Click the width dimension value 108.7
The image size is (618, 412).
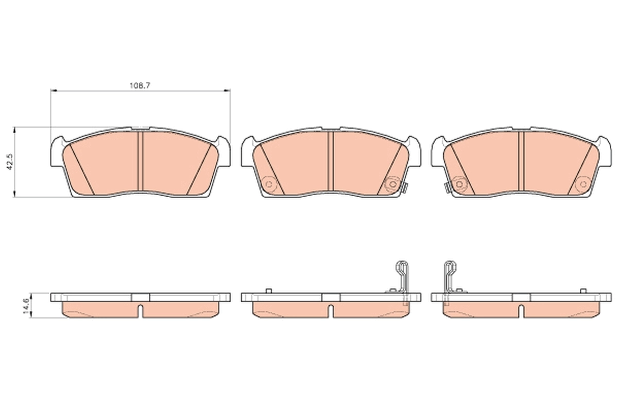click(140, 85)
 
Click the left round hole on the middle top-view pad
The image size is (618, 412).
click(268, 183)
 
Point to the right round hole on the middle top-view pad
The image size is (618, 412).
click(392, 184)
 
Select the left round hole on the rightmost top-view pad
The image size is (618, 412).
click(458, 183)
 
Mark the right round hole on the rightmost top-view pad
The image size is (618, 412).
click(582, 183)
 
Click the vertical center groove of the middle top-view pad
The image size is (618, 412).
click(330, 161)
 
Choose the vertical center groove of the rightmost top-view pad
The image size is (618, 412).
click(520, 161)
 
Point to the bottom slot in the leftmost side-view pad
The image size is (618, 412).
click(140, 311)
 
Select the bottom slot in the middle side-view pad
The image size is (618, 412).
click(331, 311)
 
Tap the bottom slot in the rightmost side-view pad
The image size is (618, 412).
click(521, 311)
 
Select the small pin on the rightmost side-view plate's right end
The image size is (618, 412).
click(583, 291)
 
